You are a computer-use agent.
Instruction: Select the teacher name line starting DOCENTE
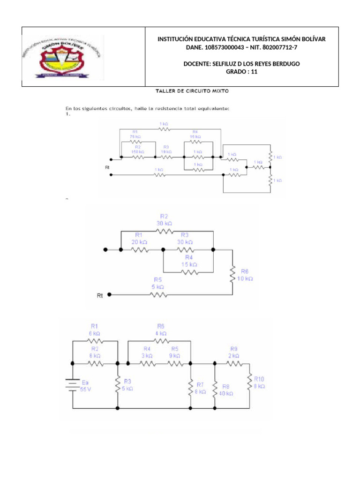click(241, 64)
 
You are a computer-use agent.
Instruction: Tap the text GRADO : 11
click(241, 72)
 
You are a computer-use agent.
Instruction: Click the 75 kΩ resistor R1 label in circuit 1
click(135, 135)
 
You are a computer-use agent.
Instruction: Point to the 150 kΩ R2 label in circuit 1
click(137, 149)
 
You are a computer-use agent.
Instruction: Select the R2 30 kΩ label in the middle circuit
click(164, 220)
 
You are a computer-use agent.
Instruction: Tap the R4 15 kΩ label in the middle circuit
click(188, 261)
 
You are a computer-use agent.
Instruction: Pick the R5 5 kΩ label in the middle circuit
click(157, 283)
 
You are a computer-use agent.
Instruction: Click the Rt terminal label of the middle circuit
click(100, 295)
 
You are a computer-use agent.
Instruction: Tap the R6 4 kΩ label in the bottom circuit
click(161, 330)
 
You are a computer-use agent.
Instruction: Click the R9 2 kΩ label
click(234, 352)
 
